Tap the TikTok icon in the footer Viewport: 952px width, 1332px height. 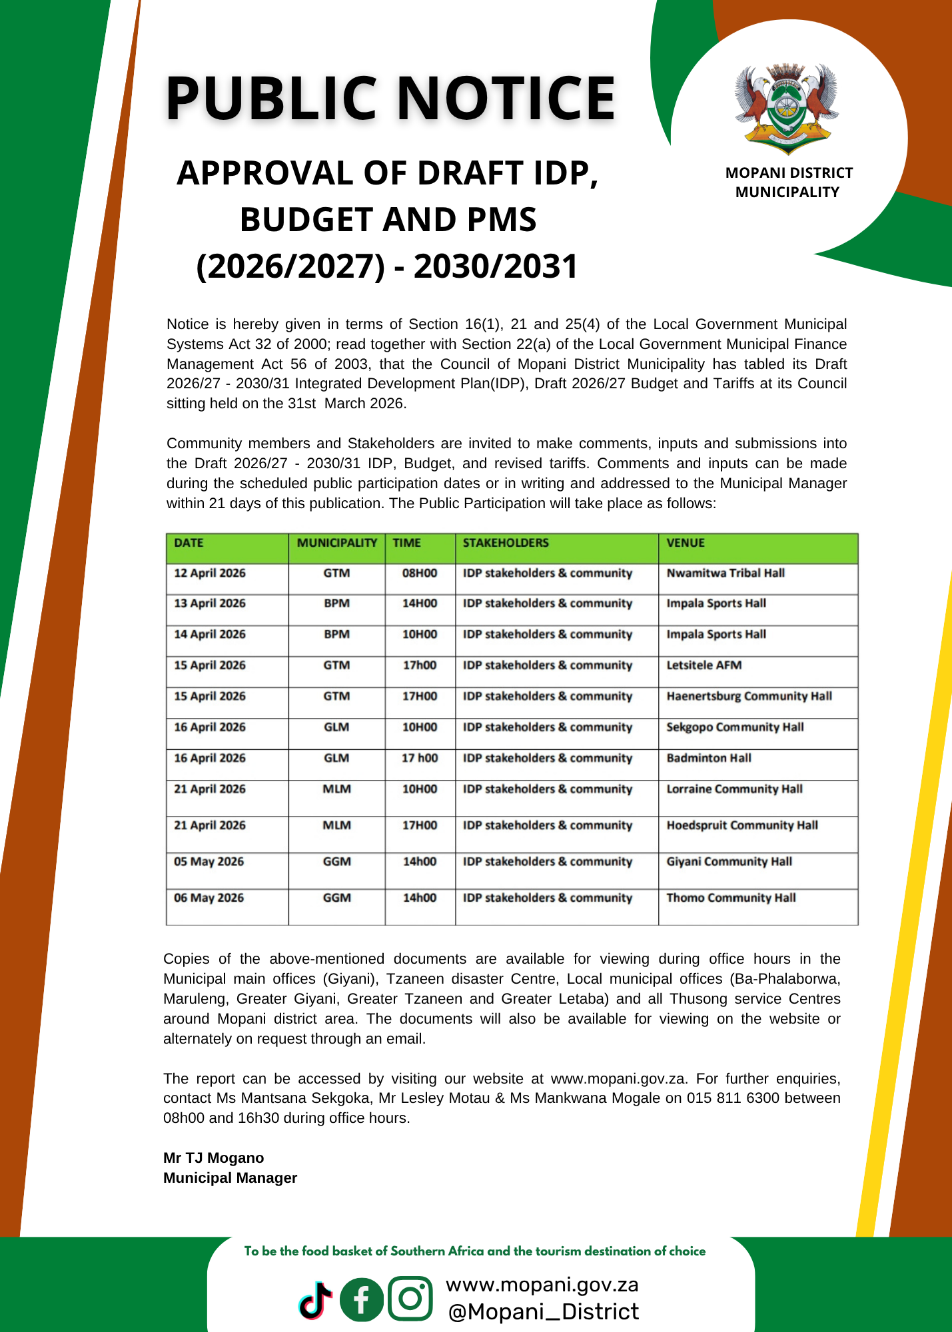(316, 1299)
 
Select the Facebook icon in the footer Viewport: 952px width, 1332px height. (362, 1299)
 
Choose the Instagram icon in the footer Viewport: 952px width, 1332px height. (410, 1298)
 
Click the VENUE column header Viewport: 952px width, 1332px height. (686, 543)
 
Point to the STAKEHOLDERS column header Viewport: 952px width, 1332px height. (506, 543)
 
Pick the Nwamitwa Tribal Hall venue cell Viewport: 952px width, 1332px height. (725, 573)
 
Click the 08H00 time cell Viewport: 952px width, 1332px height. (420, 573)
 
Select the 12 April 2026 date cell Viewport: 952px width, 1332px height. (210, 573)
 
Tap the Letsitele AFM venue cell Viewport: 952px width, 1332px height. (704, 665)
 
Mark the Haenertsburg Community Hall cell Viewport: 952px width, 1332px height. (749, 696)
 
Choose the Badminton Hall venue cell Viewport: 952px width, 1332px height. (709, 758)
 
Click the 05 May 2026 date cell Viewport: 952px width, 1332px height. (209, 861)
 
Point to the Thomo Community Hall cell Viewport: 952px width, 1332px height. (731, 898)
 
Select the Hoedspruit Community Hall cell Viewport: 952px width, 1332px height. (742, 825)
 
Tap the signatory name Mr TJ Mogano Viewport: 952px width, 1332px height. (214, 1158)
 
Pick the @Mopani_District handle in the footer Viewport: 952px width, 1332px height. (543, 1312)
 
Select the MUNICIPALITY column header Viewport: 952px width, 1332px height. (337, 543)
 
